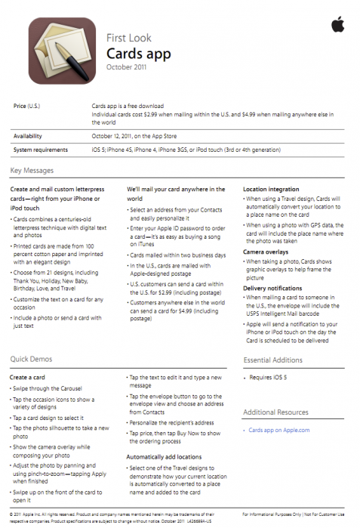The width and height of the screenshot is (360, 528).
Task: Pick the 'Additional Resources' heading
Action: [x=276, y=412]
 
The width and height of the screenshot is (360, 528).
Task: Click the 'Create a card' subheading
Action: [x=31, y=376]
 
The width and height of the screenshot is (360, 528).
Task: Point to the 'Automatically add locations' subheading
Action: [x=164, y=457]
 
